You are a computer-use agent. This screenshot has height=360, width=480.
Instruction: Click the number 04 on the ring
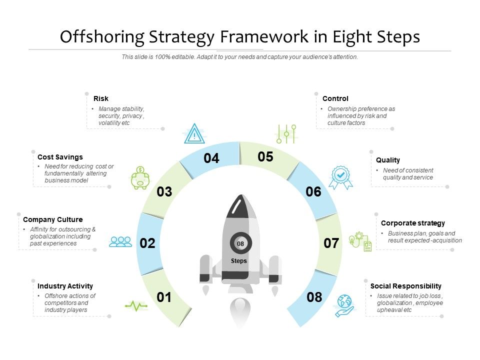[211, 158]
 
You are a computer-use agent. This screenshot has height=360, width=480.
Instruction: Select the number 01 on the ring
[164, 297]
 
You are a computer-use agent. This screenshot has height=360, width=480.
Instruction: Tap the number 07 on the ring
[331, 243]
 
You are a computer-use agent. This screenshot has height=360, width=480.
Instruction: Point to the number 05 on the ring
[265, 157]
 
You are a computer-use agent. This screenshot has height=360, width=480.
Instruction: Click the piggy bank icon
[140, 177]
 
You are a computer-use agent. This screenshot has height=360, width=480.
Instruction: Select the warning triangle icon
[193, 134]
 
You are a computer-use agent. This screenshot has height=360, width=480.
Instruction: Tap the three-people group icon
[120, 242]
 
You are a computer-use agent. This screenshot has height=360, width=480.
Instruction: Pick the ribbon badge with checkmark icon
[340, 177]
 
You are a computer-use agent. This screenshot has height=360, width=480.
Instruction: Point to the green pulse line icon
[136, 305]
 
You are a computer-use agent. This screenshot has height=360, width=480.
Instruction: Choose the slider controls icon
[286, 133]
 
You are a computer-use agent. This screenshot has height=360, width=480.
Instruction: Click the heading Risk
[101, 98]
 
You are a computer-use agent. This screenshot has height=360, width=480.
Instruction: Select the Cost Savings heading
[60, 157]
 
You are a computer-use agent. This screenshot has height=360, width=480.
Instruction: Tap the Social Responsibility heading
[405, 286]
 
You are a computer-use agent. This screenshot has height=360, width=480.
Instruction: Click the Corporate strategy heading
[412, 223]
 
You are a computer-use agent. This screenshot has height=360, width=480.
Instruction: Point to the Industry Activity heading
[65, 286]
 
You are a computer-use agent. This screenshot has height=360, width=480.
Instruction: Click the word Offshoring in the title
[102, 37]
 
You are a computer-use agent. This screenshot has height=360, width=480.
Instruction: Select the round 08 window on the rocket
[240, 244]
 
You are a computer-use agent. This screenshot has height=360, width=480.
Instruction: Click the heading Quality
[388, 160]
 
